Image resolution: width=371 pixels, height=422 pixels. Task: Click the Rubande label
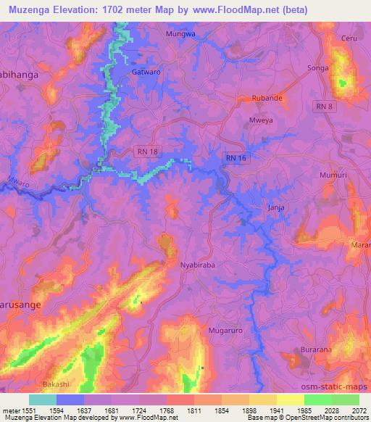tap(266, 96)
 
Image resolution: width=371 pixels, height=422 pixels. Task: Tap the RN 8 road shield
tap(325, 107)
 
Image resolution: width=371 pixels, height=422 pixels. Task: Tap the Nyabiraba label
tap(197, 265)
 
